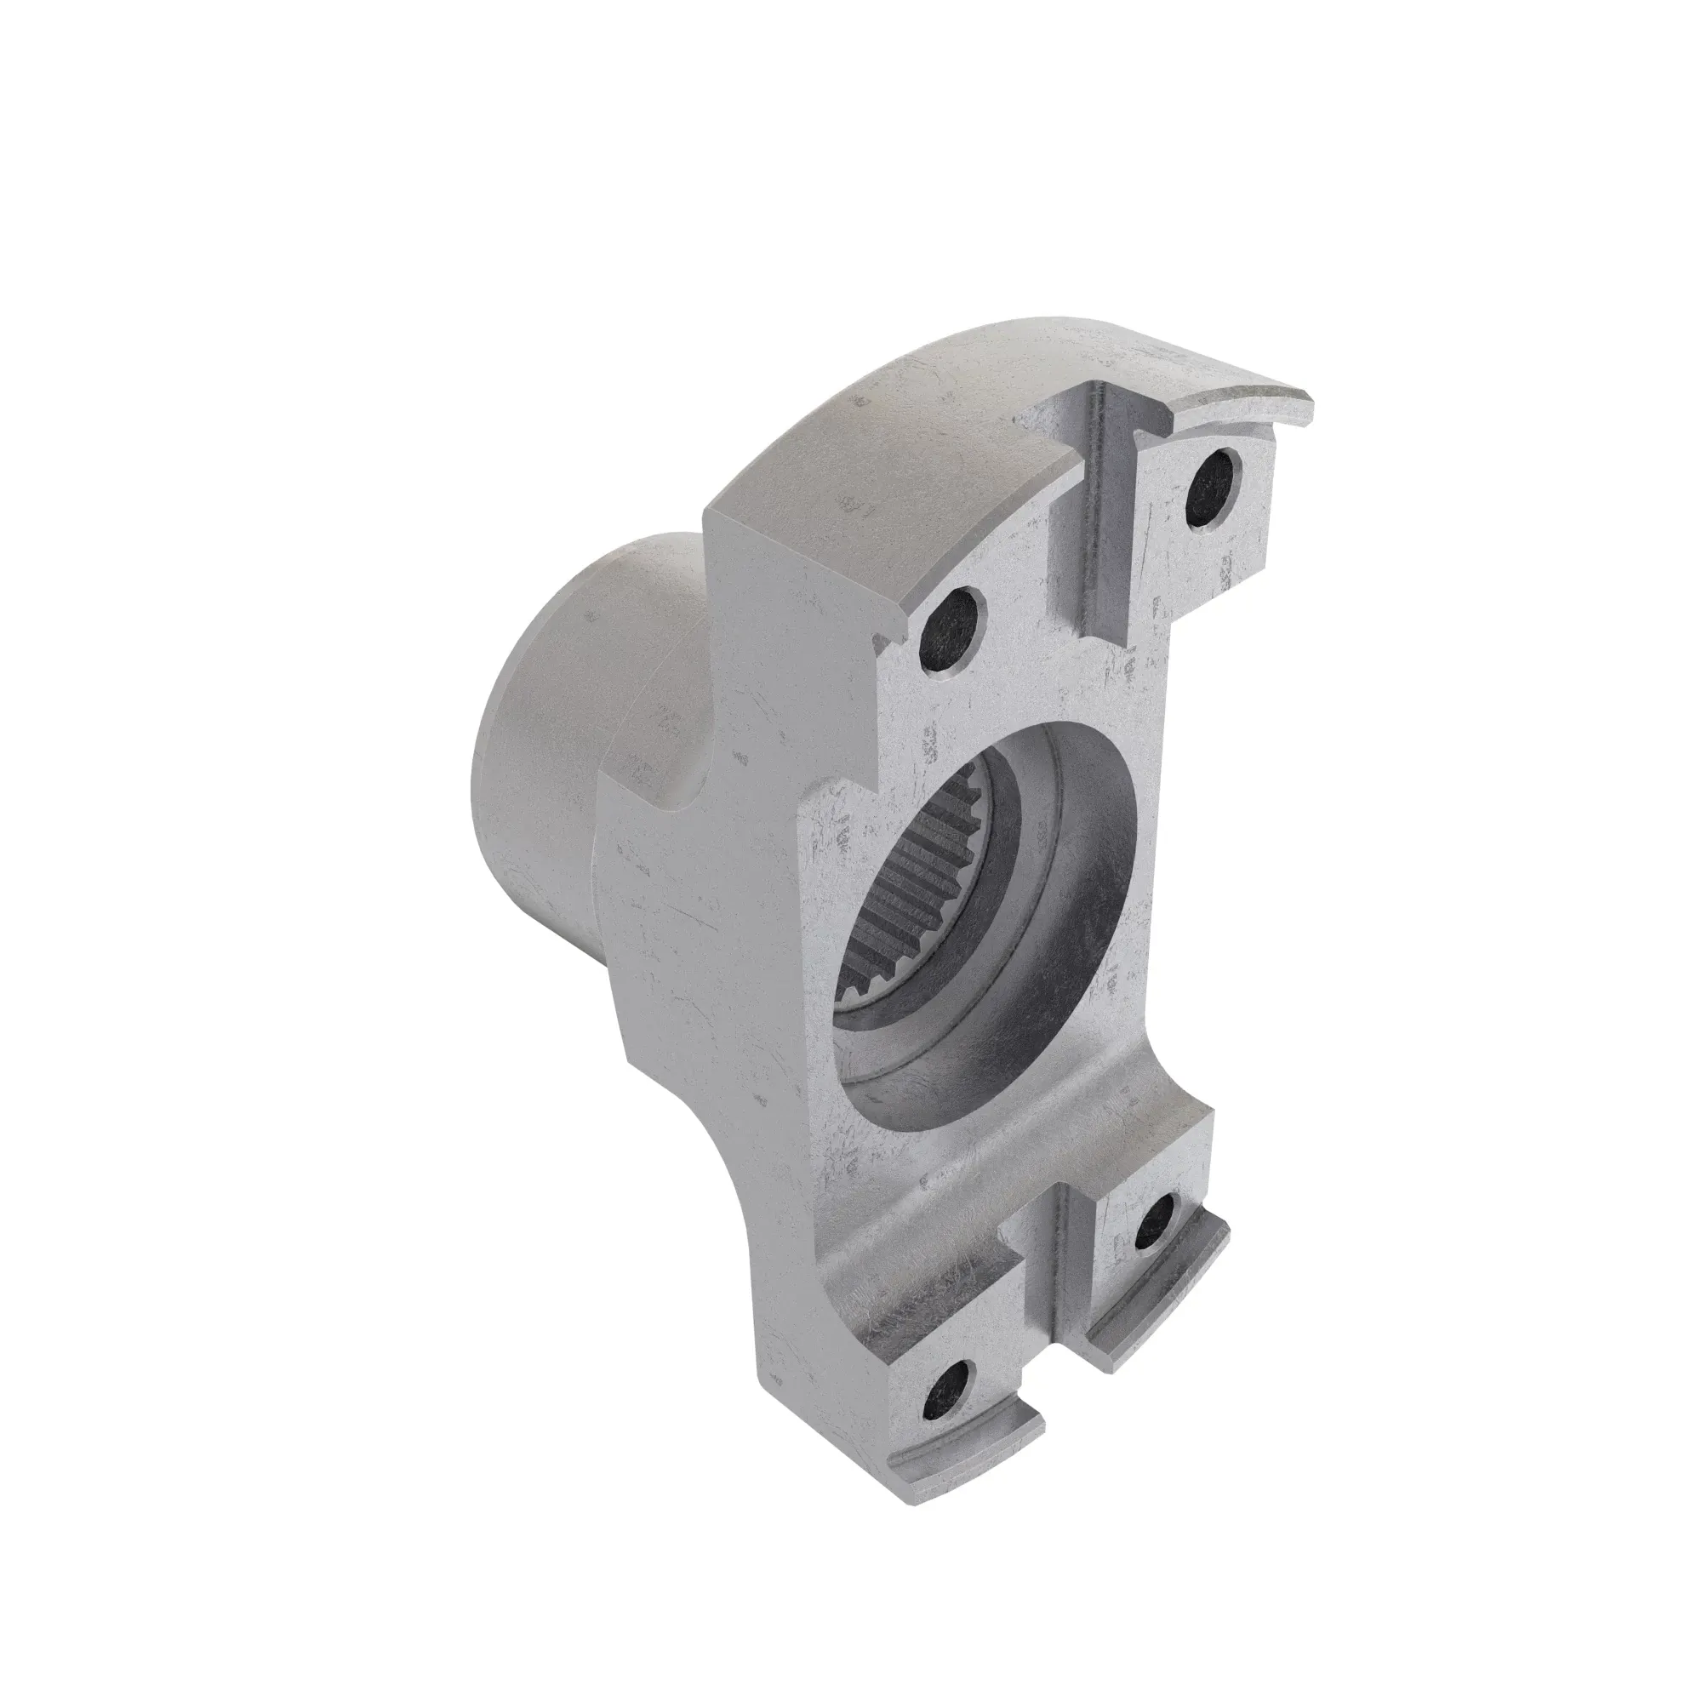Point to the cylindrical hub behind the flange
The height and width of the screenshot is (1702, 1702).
click(x=564, y=749)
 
